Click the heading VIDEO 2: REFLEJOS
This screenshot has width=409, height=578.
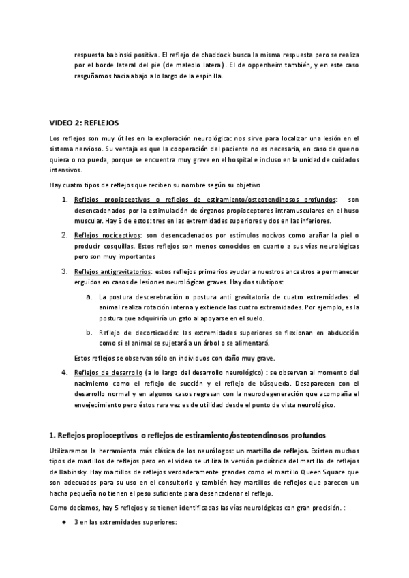85,123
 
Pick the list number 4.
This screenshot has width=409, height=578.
64,374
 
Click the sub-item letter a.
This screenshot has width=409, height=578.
90,297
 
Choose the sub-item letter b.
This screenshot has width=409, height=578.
90,333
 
